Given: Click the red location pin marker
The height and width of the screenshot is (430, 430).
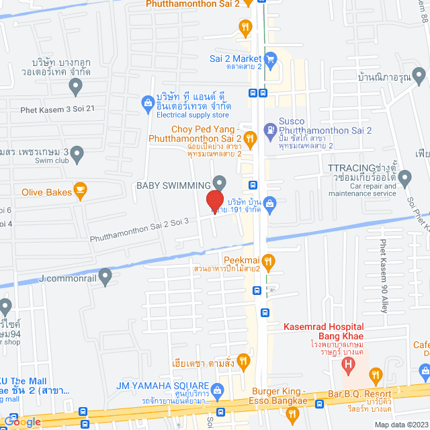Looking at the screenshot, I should tap(214, 202).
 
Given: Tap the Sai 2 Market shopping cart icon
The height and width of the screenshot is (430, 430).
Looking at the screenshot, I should tap(270, 58).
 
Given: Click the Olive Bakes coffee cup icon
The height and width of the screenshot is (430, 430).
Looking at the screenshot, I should tap(80, 191).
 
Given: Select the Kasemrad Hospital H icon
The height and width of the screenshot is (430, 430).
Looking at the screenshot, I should tap(348, 365).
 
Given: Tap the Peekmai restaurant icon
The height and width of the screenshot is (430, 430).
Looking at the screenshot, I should tap(267, 261).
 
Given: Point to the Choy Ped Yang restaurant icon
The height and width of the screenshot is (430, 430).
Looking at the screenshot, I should tap(250, 140).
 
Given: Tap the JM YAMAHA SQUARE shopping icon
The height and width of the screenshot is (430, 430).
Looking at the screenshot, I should tap(217, 390).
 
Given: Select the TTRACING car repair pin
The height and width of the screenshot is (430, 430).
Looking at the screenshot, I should tap(404, 178).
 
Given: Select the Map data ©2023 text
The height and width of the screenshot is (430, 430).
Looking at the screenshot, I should tap(400, 425).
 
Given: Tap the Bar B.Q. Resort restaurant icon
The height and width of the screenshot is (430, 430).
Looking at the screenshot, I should tap(376, 374).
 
